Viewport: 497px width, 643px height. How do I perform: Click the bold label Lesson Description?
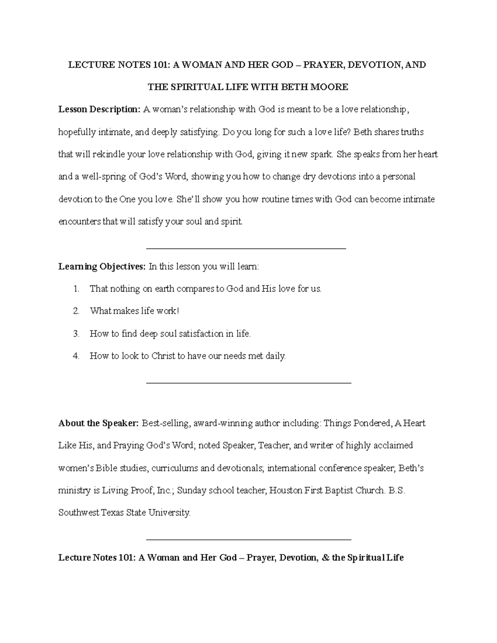[x=99, y=110]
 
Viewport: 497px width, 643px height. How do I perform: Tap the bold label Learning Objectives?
[x=102, y=267]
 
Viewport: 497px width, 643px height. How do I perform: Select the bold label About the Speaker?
[x=99, y=424]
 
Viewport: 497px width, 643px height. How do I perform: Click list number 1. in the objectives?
[x=76, y=289]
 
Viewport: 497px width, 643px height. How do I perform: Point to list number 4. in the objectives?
[x=76, y=356]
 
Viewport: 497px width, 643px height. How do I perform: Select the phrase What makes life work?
[x=134, y=311]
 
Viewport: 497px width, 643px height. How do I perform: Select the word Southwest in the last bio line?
[x=79, y=513]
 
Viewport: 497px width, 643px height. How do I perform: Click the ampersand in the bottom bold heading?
[x=326, y=558]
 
